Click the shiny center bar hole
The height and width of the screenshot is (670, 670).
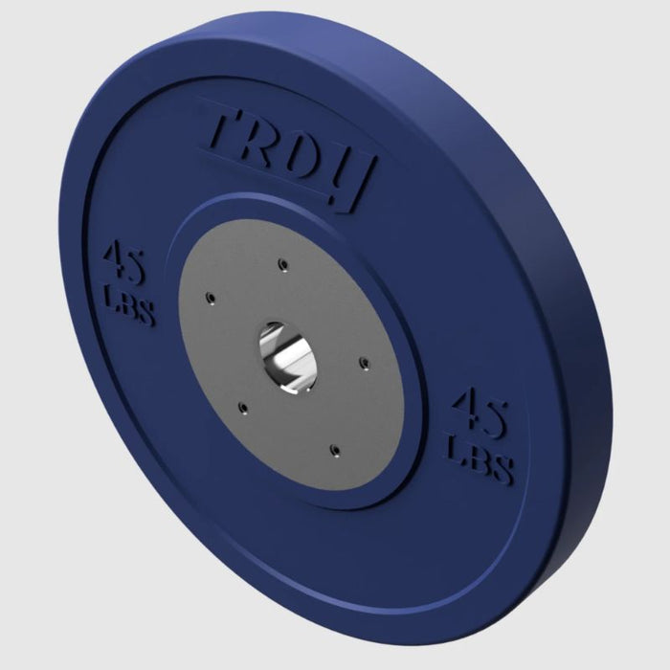[x=287, y=357]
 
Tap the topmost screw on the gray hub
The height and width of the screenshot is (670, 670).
[x=282, y=264]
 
